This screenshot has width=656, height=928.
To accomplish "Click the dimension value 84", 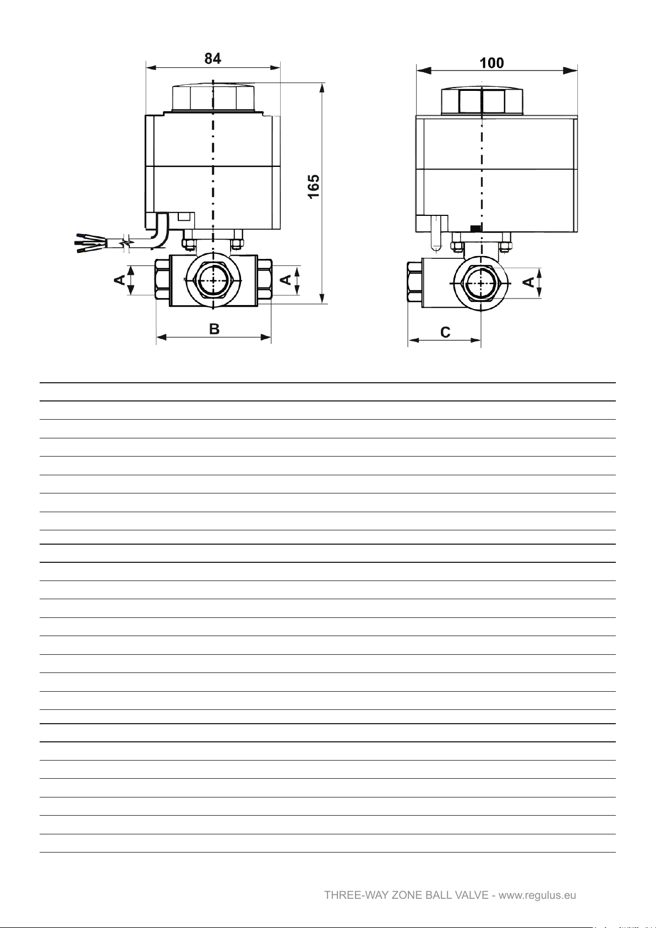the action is click(213, 58).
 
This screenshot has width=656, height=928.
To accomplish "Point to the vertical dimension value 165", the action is click(314, 187).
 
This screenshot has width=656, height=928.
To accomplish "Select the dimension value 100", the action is click(491, 63).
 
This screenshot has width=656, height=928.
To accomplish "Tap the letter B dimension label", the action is click(214, 329).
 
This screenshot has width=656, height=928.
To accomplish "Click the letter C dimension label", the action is click(445, 332).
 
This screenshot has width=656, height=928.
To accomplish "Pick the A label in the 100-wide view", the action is click(528, 282).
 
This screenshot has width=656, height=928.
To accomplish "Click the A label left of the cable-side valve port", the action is click(119, 280).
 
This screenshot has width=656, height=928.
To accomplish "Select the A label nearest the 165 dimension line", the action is click(286, 280).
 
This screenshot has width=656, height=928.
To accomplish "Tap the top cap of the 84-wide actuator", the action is click(213, 98).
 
